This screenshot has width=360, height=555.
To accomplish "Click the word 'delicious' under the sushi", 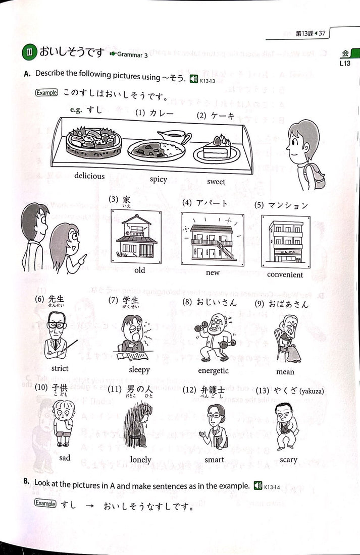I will [x=89, y=176].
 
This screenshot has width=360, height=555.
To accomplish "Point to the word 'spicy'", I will [x=158, y=179].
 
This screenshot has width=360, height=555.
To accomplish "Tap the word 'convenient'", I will [x=285, y=274].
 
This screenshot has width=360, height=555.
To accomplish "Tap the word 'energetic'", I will [x=213, y=371].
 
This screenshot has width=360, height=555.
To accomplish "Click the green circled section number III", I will [x=28, y=52].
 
